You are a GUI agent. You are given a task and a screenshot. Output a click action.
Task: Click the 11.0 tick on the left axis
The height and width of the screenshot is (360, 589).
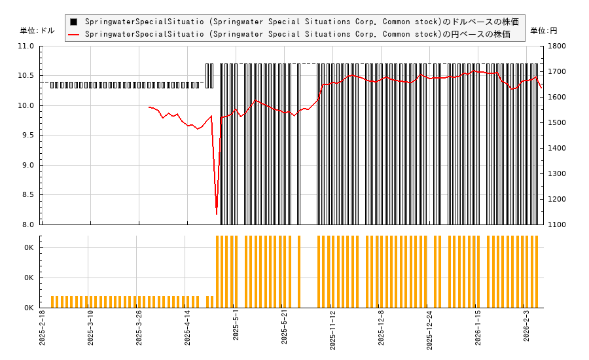pos(27,46)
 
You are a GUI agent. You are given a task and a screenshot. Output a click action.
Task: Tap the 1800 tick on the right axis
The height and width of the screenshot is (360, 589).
pos(558,46)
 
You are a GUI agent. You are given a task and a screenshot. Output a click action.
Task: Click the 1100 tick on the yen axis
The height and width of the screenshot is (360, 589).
pos(558,225)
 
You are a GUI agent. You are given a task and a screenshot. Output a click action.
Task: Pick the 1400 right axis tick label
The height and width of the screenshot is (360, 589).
pos(558,149)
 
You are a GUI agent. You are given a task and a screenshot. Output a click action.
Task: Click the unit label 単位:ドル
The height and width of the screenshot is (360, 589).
pos(37,31)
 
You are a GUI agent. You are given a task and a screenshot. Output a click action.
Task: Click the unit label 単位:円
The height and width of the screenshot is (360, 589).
pos(543,31)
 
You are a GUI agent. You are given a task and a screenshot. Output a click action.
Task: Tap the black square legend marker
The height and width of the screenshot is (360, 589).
pos(74,22)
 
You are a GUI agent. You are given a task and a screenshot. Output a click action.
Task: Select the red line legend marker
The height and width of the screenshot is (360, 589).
pos(74,34)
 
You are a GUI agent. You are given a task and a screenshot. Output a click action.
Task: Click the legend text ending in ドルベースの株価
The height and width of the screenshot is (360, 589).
pos(301,22)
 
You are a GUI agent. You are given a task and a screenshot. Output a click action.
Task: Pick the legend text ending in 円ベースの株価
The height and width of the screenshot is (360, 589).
pos(297,34)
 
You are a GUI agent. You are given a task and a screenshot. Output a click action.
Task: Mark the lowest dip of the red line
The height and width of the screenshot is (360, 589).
pos(217,213)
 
